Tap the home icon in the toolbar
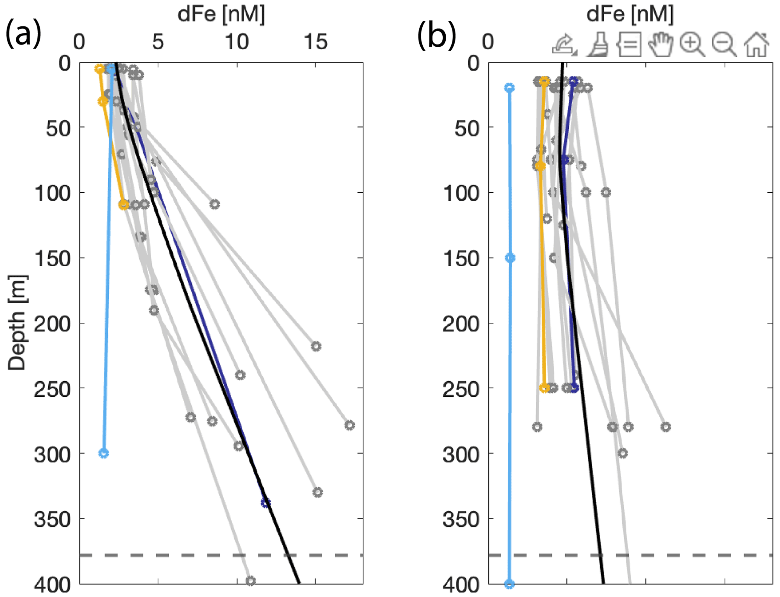(x=756, y=45)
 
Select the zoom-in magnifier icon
(x=692, y=45)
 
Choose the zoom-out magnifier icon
(x=724, y=45)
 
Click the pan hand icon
(x=660, y=45)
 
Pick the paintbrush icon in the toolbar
(x=597, y=45)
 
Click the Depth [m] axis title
(x=17, y=322)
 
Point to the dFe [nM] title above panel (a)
(x=221, y=14)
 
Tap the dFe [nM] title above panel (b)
(x=630, y=14)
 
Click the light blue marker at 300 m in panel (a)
(x=104, y=453)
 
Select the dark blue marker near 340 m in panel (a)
(x=266, y=502)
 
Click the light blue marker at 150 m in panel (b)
(x=510, y=258)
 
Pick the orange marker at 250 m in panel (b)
(x=544, y=388)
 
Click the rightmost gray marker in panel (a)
(x=349, y=425)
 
